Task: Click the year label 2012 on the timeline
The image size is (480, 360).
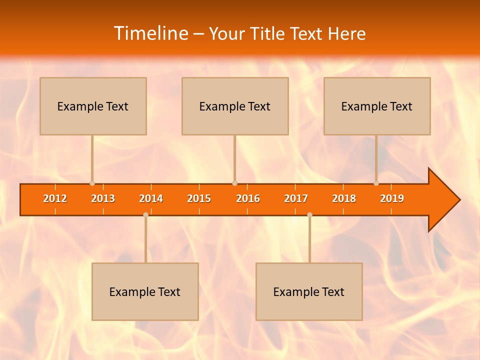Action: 55,198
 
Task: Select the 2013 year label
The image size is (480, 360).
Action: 103,198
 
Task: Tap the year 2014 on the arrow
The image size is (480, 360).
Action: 151,198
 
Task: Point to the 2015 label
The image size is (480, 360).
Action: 199,198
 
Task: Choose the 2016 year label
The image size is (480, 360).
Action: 248,198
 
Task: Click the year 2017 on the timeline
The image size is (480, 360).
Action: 296,198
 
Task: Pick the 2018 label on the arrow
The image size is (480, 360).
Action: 344,198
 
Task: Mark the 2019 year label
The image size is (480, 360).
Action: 392,198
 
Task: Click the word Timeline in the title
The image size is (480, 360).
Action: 150,33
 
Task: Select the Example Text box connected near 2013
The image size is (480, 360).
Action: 93,106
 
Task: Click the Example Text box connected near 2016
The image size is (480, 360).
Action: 235,106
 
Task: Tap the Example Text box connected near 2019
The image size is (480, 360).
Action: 377,106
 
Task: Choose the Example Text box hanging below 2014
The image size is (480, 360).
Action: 145,291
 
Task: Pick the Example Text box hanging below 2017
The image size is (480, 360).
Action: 309,291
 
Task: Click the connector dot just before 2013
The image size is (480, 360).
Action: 92,183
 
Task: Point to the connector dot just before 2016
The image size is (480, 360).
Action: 234,183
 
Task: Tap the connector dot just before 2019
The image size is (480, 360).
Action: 376,183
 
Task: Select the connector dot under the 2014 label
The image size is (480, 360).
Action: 145,214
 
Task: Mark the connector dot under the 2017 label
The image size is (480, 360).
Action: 309,214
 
